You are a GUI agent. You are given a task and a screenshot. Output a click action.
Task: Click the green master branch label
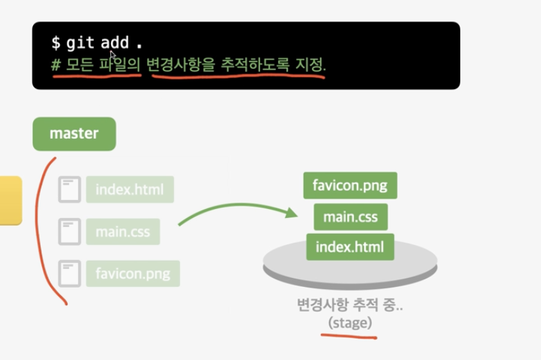(x=74, y=134)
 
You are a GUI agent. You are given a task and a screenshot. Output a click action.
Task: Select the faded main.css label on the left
(x=123, y=232)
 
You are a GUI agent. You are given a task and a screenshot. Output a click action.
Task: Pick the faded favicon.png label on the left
(x=132, y=274)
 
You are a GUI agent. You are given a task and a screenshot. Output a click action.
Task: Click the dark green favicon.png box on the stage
(x=350, y=186)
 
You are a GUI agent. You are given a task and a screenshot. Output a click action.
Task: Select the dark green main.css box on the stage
(x=351, y=217)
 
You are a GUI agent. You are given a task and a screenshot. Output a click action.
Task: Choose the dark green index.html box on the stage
(x=350, y=247)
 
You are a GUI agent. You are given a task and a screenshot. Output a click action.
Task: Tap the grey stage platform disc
(x=350, y=270)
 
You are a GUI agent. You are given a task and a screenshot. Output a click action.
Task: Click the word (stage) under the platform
(x=350, y=322)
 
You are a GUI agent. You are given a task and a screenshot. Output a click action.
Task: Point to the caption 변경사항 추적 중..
(x=350, y=304)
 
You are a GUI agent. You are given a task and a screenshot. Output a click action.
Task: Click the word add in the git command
(x=115, y=43)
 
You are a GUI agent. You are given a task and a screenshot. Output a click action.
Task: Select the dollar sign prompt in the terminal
(x=55, y=43)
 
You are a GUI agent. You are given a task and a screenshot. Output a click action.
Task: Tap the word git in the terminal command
(x=80, y=43)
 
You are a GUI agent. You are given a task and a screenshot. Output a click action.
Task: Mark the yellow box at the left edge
(x=10, y=200)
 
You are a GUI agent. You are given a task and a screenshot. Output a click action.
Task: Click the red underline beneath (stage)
(x=348, y=337)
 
